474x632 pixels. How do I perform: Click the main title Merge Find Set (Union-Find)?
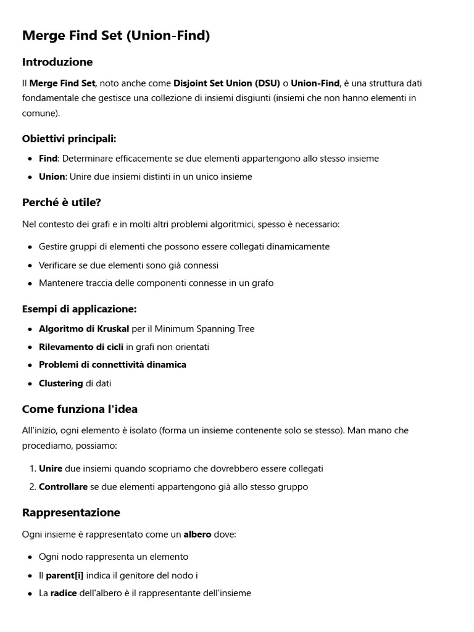click(x=116, y=36)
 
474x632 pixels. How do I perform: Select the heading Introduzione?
click(x=57, y=62)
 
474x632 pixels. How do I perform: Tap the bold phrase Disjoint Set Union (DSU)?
click(x=227, y=83)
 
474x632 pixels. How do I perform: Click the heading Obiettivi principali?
click(x=69, y=138)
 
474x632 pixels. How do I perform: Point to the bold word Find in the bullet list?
click(x=48, y=159)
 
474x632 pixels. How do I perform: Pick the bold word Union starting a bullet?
click(x=51, y=177)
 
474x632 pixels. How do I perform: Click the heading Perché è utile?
click(x=62, y=202)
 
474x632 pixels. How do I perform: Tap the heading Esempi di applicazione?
click(x=79, y=309)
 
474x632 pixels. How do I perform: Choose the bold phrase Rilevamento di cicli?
click(x=81, y=347)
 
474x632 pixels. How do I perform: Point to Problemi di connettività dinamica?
click(x=112, y=365)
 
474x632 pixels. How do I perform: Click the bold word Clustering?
click(x=60, y=383)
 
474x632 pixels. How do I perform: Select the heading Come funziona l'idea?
click(x=80, y=409)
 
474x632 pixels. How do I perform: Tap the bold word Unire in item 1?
click(x=51, y=469)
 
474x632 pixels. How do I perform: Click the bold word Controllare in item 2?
click(x=63, y=487)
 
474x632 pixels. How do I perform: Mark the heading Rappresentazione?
click(x=71, y=513)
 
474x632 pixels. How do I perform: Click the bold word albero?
click(x=197, y=534)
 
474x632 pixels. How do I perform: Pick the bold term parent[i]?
click(x=64, y=576)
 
